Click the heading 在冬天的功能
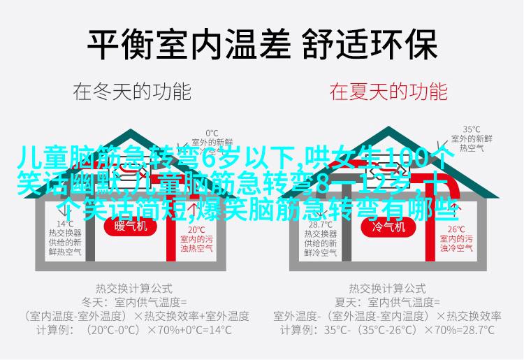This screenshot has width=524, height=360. (132, 90)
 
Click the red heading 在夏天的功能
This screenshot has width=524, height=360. (388, 90)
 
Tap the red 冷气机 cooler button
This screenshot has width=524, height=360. (388, 226)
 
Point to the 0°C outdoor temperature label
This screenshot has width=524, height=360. (212, 133)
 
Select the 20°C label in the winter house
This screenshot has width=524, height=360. (196, 229)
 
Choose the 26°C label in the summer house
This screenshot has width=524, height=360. (456, 229)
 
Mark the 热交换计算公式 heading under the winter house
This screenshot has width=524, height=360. (132, 288)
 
